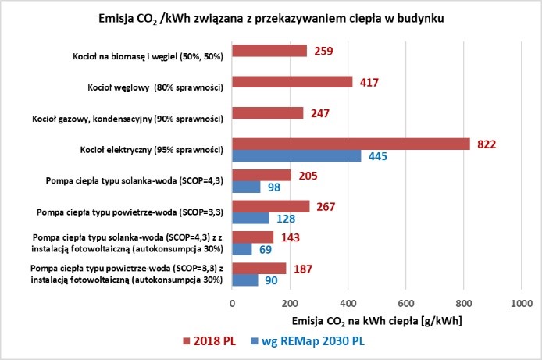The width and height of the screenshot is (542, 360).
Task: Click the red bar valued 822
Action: point(351,144)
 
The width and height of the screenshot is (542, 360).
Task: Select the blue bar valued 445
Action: point(296,156)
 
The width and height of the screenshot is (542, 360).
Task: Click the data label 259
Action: point(324,51)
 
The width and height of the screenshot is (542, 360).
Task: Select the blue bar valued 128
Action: point(251,219)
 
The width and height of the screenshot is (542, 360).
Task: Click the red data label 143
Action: point(290,237)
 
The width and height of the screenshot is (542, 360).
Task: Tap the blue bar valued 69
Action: point(242,249)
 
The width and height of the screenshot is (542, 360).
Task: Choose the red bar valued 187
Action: point(259,269)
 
